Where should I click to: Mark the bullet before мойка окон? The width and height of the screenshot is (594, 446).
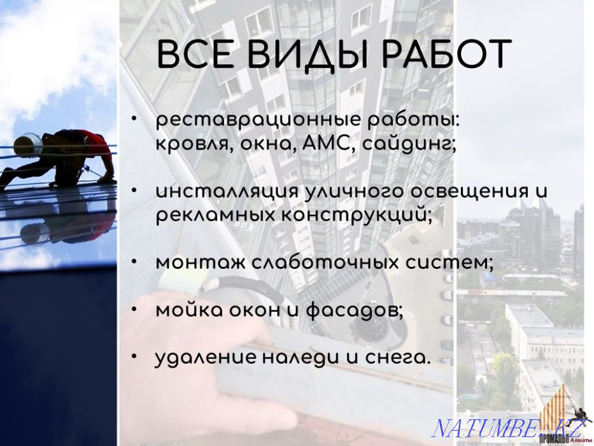[135, 308]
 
